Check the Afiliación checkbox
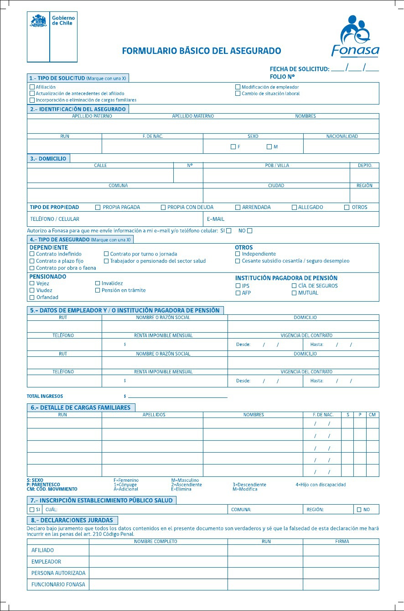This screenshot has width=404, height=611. pos(32,87)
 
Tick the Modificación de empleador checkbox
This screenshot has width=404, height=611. pos(238,87)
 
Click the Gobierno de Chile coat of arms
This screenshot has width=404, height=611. pos(38,21)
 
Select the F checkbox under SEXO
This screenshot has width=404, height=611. pos(233,146)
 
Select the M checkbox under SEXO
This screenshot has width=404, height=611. pos(269,146)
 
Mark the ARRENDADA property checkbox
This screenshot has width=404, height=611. pos(238,207)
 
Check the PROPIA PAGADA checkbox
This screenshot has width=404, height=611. pos(98,207)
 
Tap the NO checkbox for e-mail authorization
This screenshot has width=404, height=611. pos(249,230)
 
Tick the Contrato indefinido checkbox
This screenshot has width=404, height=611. pos(32,254)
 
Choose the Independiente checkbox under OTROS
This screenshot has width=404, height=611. pos(238,254)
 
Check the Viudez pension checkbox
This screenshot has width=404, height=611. pos(32,290)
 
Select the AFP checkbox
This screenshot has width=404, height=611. pos(238,293)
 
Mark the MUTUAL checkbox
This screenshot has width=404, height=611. pos(294,293)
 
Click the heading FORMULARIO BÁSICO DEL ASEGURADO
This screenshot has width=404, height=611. pos(202,51)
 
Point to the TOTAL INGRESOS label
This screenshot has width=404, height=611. pos(45,396)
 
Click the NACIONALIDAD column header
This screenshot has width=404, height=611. pos(342,136)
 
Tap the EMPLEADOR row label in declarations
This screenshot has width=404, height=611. pos(46,562)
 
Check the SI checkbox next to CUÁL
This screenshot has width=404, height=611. pos(32,509)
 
